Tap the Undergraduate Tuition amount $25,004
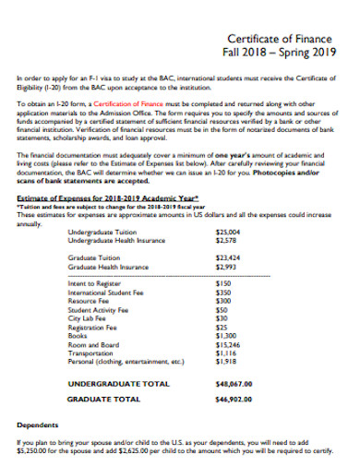(x=227, y=232)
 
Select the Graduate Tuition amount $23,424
(x=227, y=257)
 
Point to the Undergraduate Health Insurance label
(x=116, y=240)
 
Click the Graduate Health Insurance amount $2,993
(x=225, y=266)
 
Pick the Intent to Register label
(x=93, y=284)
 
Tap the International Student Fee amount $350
(x=222, y=293)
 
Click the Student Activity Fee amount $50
(x=221, y=310)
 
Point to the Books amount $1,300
(x=225, y=336)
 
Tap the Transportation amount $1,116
(x=225, y=353)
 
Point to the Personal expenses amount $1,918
(x=225, y=362)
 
